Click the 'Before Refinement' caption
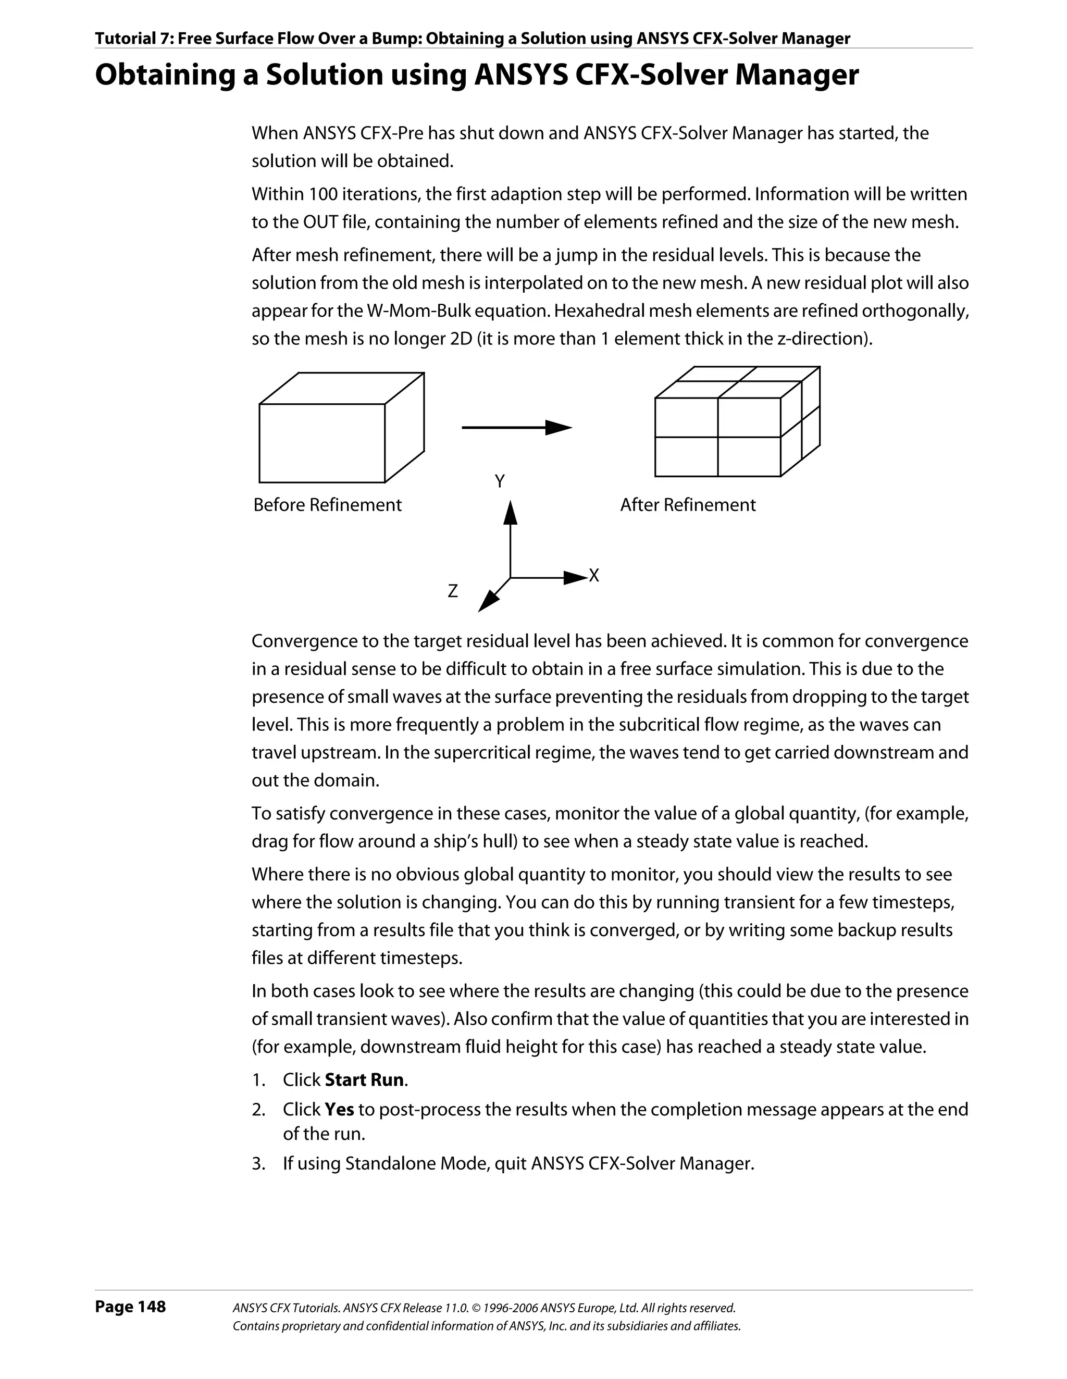[327, 505]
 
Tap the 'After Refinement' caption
[688, 505]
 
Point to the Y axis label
[500, 482]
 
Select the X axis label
[593, 576]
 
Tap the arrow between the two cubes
[516, 428]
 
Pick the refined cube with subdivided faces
[737, 422]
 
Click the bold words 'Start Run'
[364, 1080]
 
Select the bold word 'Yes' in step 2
[339, 1109]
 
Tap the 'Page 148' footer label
[130, 1307]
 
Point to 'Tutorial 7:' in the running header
[134, 39]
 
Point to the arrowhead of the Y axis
[510, 512]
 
